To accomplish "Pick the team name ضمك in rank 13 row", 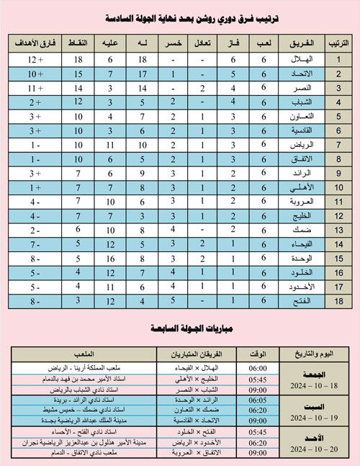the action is tap(294, 236).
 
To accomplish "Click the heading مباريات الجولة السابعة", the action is tap(180, 329).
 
